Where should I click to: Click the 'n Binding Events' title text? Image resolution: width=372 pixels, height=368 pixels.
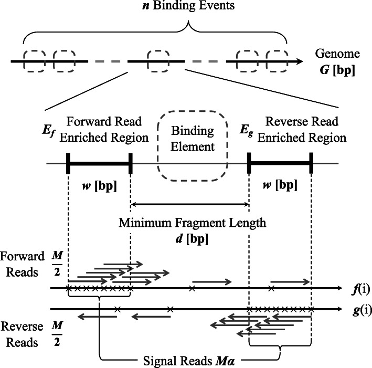click(154, 8)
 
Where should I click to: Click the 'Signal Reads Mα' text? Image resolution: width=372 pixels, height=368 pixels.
click(189, 361)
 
